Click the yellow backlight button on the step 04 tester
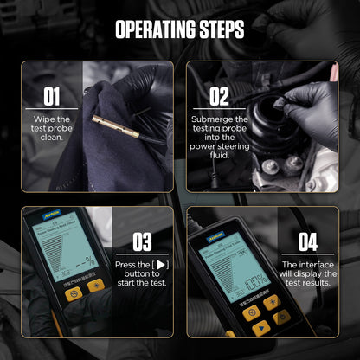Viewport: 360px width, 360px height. point(271,302)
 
